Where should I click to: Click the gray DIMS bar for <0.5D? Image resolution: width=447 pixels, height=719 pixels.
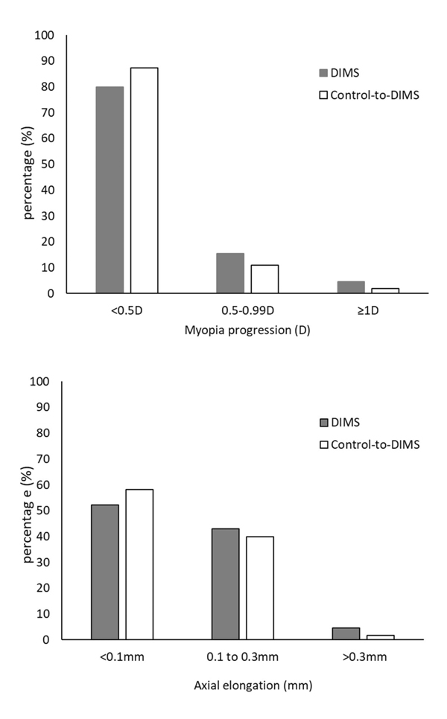110,190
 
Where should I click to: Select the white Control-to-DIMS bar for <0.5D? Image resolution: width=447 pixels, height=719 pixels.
144,180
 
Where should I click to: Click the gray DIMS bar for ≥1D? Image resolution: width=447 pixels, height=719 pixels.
350,287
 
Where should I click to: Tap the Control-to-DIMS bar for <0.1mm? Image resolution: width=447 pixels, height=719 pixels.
139,564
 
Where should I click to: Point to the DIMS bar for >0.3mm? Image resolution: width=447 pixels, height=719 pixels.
346,633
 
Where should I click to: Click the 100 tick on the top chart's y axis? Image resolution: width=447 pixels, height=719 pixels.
45,36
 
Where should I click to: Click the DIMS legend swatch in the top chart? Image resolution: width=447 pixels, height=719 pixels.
323,73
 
